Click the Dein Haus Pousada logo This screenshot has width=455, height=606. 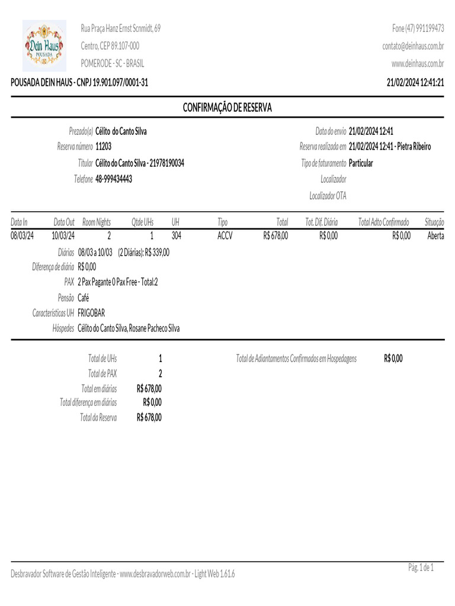44,46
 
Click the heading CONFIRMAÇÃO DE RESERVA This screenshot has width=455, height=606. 227,108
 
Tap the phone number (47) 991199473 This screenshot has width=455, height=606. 418,28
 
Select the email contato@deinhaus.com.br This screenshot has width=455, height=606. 413,46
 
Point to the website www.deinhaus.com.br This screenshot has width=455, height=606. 418,64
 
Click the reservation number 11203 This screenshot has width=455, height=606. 103,147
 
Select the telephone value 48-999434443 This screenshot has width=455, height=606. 114,179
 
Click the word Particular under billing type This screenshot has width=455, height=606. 361,163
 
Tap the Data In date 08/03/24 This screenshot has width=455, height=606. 23,236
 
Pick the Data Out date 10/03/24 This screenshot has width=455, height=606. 63,236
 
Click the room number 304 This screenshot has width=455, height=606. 176,236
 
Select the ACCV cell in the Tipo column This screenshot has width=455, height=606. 225,236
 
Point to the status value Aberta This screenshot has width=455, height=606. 435,236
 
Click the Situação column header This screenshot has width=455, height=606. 434,223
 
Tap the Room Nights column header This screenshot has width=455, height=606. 97,223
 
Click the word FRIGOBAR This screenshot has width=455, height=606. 91,313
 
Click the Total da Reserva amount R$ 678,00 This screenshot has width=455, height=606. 149,418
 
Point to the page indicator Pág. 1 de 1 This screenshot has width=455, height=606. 421,568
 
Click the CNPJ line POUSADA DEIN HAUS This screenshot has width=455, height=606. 79,82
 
